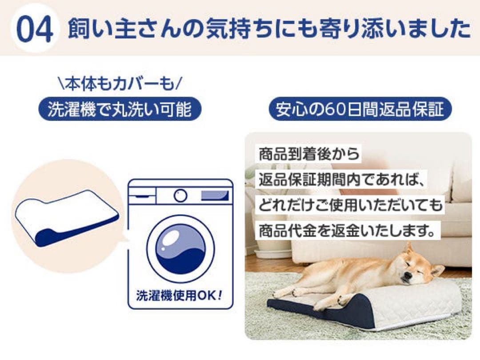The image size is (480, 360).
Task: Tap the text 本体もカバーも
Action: click(120, 84)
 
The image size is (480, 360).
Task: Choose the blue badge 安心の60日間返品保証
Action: click(360, 109)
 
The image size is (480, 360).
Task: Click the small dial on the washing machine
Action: click(180, 196)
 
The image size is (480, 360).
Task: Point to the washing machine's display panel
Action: click(214, 196)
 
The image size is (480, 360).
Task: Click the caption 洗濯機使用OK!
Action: click(180, 295)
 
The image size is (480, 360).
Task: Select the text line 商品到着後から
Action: click(309, 154)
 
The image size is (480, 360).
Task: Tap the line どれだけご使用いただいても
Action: click(351, 205)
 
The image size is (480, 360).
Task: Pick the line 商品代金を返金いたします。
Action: click(347, 230)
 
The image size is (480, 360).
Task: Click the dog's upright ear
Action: click(408, 249)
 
